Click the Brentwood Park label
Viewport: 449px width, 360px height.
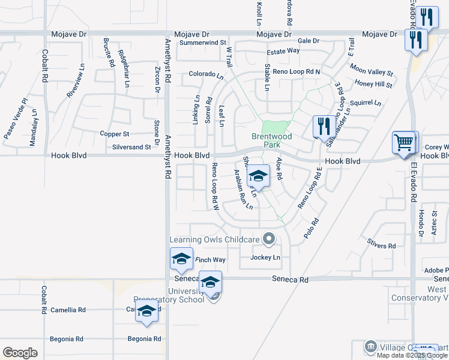(x=271, y=140)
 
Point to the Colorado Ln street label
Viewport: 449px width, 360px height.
(x=206, y=76)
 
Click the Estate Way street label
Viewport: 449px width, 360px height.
(x=283, y=51)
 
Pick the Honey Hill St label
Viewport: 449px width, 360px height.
(x=373, y=85)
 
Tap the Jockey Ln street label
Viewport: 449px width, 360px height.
(x=265, y=257)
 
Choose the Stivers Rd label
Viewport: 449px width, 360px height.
(x=382, y=246)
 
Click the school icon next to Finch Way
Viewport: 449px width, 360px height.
(x=181, y=259)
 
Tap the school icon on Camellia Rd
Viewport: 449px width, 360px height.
(x=146, y=311)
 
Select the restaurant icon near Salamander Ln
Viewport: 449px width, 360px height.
(x=324, y=126)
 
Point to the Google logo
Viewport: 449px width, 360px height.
(x=20, y=353)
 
